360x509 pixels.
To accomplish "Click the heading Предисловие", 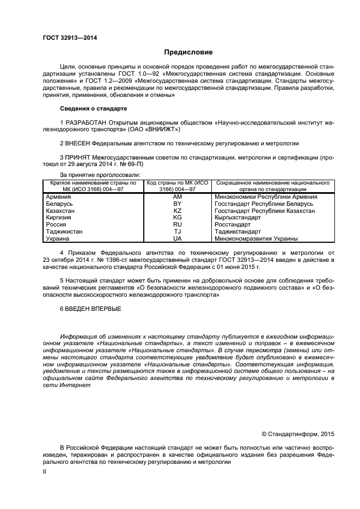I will (188, 52).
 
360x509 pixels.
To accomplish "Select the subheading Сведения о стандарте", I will (93, 108).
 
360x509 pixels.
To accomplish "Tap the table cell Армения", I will (58, 197).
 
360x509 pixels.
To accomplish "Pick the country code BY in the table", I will (177, 204).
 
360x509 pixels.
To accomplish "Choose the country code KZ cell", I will (177, 210).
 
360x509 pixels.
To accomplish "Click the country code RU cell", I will (177, 224).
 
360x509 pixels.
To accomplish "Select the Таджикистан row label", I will (64, 231).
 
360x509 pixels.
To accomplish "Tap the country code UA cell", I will (177, 238).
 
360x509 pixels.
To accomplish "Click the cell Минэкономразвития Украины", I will (256, 238).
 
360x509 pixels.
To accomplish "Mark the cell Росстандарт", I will (234, 224).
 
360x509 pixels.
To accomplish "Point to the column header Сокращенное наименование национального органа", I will (272, 186).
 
